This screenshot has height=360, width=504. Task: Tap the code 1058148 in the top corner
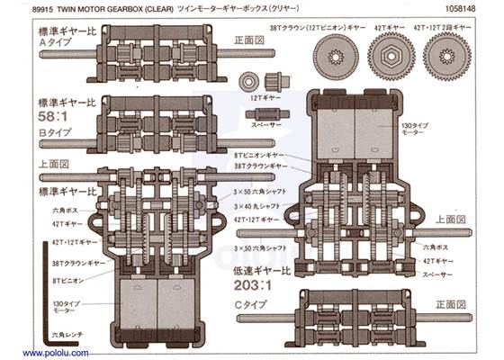pos(469,9)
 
